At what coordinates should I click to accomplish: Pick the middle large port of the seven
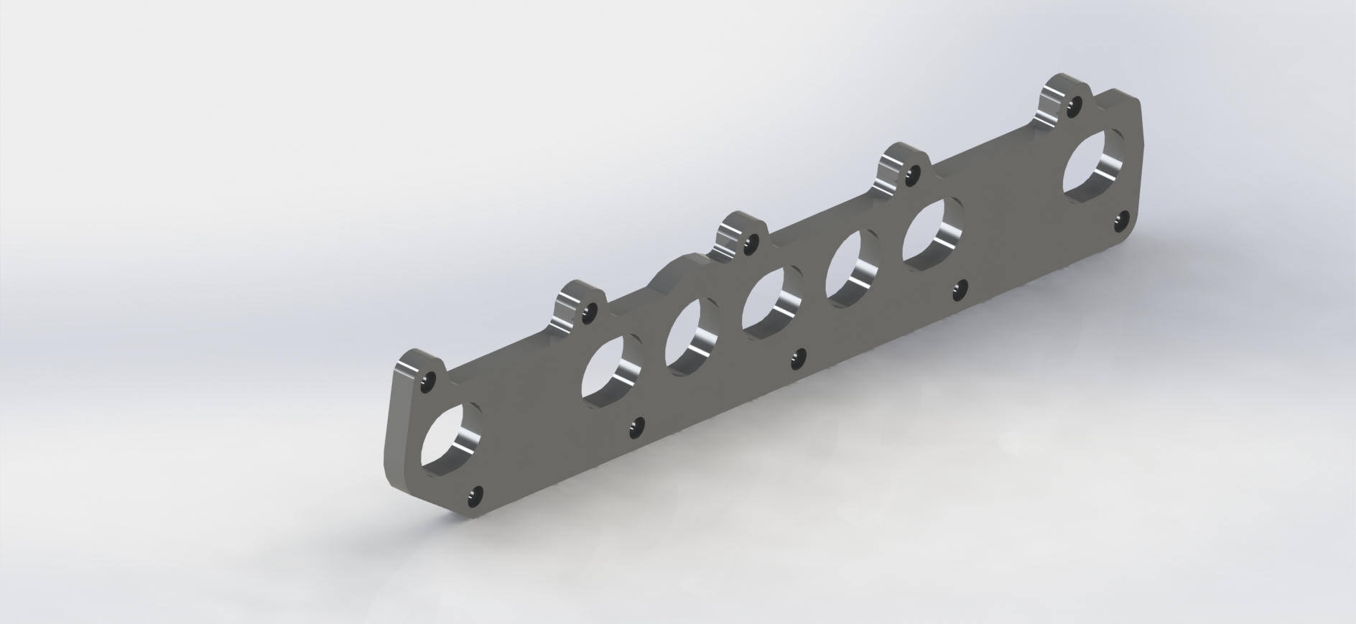pyautogui.click(x=772, y=301)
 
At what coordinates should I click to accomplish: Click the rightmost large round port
pyautogui.click(x=1096, y=162)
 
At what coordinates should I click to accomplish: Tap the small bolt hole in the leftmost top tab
pyautogui.click(x=429, y=381)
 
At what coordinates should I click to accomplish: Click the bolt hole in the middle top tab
pyautogui.click(x=751, y=244)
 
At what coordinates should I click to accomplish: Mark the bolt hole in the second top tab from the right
pyautogui.click(x=911, y=173)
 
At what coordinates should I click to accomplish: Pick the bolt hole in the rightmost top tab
pyautogui.click(x=1073, y=107)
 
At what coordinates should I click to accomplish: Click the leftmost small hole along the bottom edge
pyautogui.click(x=475, y=495)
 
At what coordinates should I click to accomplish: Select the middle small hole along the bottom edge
pyautogui.click(x=797, y=358)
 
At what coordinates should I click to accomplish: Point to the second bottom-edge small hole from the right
pyautogui.click(x=958, y=289)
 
